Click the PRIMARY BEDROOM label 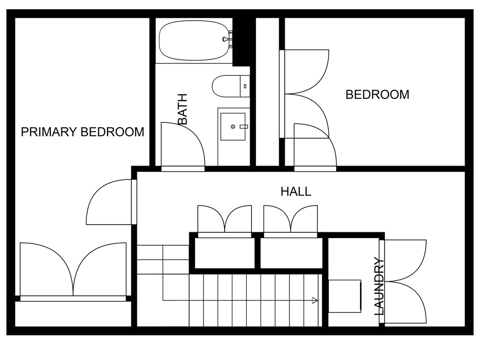(x=83, y=132)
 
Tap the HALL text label (x=296, y=192)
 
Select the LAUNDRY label (x=379, y=287)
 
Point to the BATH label (x=182, y=109)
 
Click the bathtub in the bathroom (x=194, y=40)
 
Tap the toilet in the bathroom (x=231, y=86)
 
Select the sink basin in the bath (x=233, y=126)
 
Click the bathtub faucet (x=227, y=39)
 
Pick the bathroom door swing (x=183, y=144)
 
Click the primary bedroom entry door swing (x=109, y=202)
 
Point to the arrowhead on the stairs (x=314, y=300)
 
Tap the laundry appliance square (x=345, y=296)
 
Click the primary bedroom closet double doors (x=73, y=269)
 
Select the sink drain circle (x=233, y=126)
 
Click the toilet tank (x=245, y=86)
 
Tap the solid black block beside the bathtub (x=241, y=42)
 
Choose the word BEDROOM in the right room (x=377, y=95)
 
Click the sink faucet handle (x=244, y=126)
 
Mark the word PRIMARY (x=48, y=132)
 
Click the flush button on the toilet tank (x=245, y=86)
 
